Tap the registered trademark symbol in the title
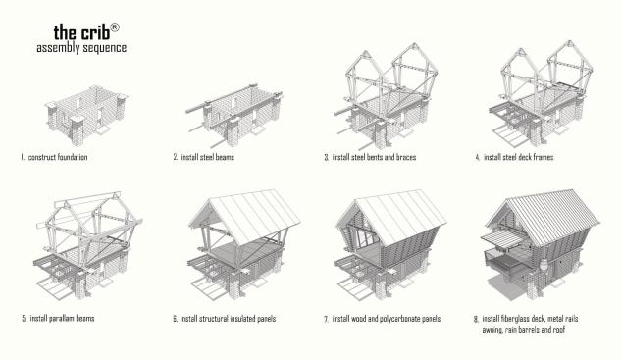[114, 26]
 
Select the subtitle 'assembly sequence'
[81, 48]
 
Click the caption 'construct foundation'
[58, 157]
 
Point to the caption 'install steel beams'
[207, 157]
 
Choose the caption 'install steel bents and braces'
[374, 157]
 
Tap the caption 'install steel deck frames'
[518, 157]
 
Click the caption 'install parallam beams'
[62, 319]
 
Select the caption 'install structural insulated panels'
[228, 319]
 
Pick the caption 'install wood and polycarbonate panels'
[387, 319]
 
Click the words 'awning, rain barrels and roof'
[524, 330]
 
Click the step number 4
[478, 157]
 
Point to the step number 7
[326, 319]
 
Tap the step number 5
[25, 319]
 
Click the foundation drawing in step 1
[86, 114]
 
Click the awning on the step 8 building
[501, 238]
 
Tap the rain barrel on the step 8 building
[544, 265]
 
